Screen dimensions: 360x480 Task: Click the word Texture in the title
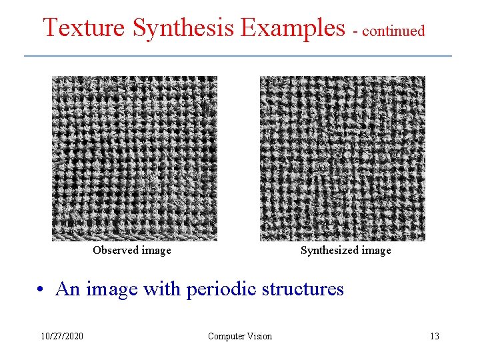click(x=84, y=28)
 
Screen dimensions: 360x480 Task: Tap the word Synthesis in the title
click(x=183, y=28)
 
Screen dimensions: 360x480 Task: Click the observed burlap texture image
click(x=135, y=159)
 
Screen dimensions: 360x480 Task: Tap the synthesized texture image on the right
click(x=342, y=159)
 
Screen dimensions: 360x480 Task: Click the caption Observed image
click(x=132, y=251)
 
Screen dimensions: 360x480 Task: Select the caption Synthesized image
click(x=345, y=251)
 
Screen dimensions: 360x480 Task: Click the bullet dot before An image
click(x=41, y=290)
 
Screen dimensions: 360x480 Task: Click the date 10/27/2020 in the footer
click(x=61, y=337)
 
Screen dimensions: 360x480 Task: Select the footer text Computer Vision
click(x=240, y=337)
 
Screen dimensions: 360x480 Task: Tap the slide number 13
click(x=435, y=337)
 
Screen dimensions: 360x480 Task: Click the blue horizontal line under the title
click(x=238, y=55)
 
